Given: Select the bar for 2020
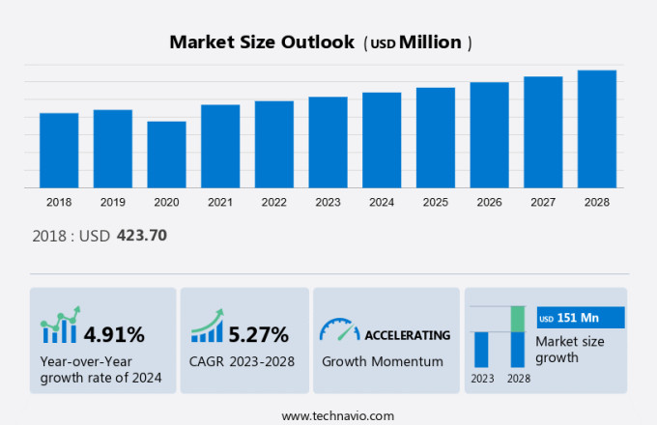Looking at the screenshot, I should point(166,155).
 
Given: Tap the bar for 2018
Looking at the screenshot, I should point(59,150).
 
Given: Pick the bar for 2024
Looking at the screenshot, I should point(381,140).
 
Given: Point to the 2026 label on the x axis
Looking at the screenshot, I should point(489,202).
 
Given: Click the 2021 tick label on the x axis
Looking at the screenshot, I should point(219,202).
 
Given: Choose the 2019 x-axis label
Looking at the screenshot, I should point(112,202).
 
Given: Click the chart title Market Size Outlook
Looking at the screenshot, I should point(261,42).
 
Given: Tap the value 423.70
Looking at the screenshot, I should point(142,235).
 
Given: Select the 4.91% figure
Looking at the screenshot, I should point(114,335).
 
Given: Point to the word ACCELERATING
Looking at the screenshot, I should point(407,335).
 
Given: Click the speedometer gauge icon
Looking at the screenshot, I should point(338,330).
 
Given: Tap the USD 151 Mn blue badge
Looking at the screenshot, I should point(581,318).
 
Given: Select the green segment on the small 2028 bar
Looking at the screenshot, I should point(518,318).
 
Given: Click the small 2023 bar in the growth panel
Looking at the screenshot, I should point(481,349).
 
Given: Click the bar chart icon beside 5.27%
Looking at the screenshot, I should point(207,326).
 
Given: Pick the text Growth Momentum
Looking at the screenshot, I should point(382,361).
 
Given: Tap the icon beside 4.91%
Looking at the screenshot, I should point(60,326).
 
